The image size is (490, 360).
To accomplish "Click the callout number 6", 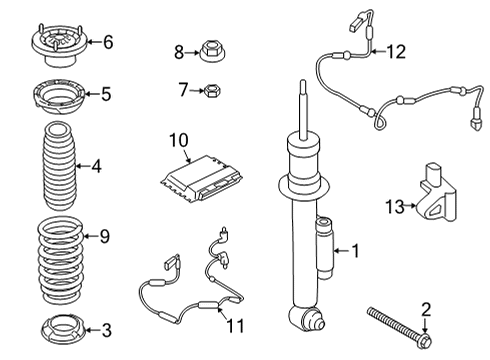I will click(108, 41).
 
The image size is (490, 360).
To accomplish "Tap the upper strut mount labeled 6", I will click(59, 44).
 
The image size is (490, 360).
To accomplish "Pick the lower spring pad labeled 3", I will click(60, 329).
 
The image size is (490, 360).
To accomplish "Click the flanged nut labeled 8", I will click(211, 50).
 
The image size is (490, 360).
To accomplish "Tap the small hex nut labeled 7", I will click(212, 91).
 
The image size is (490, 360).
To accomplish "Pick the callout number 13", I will click(394, 206).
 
